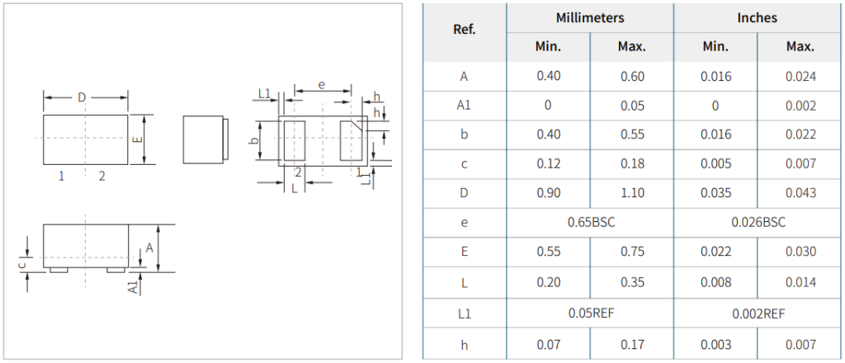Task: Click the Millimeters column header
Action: [589, 17]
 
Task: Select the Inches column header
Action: [758, 17]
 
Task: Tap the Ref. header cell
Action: [465, 30]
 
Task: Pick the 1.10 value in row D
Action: [632, 193]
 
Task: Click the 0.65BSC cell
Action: [591, 222]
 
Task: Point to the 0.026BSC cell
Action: [758, 222]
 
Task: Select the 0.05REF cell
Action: [591, 313]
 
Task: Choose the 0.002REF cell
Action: [758, 313]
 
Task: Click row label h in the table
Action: [465, 345]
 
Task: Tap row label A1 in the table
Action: [464, 105]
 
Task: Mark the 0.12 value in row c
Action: [549, 163]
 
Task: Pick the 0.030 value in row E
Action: [800, 252]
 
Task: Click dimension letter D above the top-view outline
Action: [82, 97]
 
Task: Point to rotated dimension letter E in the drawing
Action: [138, 139]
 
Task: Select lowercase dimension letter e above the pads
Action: [322, 84]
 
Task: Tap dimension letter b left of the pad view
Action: [256, 140]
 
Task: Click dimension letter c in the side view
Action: [21, 265]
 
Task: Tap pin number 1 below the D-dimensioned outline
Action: [61, 176]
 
